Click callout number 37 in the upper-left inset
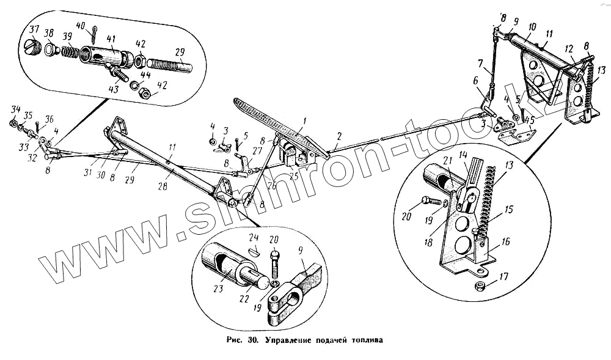click(x=34, y=31)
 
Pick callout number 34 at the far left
click(x=14, y=109)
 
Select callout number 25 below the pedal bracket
click(x=293, y=177)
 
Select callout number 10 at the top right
click(x=532, y=27)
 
